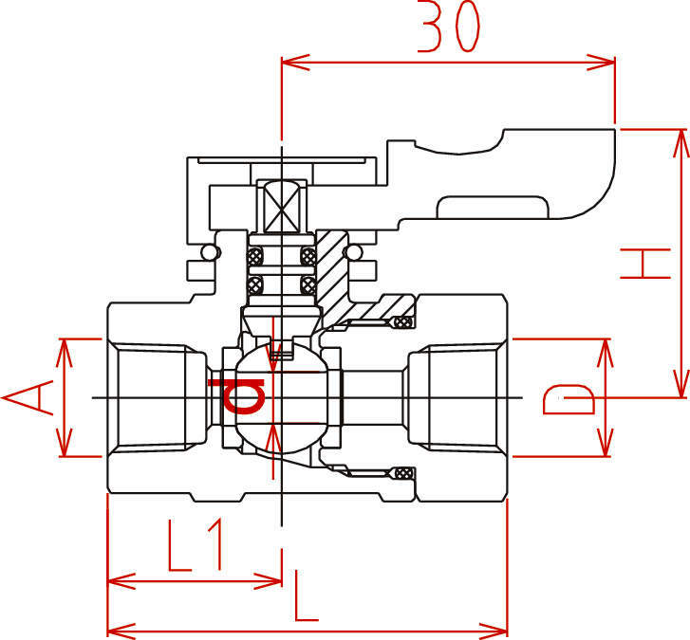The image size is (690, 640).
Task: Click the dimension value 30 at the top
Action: point(448,27)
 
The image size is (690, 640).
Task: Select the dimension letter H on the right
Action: point(645,264)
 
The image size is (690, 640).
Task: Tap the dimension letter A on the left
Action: point(28,398)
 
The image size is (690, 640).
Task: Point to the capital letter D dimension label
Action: point(569,399)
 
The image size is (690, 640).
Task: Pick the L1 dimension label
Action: point(195,545)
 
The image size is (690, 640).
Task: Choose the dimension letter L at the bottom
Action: point(306,595)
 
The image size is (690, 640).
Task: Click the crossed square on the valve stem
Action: point(282,206)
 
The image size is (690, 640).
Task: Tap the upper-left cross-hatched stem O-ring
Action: point(254,256)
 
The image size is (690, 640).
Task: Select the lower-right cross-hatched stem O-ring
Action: point(308,284)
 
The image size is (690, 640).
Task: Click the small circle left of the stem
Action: point(210,253)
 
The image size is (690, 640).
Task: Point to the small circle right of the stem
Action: point(353,253)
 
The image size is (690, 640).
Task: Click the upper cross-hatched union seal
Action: point(403,322)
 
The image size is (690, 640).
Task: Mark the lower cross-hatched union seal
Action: point(403,473)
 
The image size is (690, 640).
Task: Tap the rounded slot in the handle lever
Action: point(493,208)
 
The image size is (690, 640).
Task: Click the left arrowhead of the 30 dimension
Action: point(296,63)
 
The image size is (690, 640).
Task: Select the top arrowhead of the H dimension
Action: point(681,144)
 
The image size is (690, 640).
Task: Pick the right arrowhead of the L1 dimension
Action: point(268,581)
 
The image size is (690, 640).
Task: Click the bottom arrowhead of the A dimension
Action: point(65,443)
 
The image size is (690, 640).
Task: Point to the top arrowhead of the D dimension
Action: point(606,353)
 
